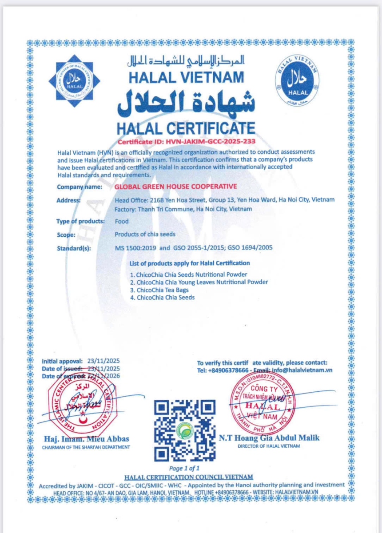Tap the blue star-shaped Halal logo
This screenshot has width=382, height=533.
(x=75, y=80)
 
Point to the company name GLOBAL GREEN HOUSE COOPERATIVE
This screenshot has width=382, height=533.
(x=175, y=187)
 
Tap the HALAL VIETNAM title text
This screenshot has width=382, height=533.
(x=186, y=77)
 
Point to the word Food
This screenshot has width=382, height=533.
(x=121, y=221)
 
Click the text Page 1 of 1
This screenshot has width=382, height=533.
(x=185, y=468)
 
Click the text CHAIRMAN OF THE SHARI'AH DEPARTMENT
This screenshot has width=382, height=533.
(x=86, y=447)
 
